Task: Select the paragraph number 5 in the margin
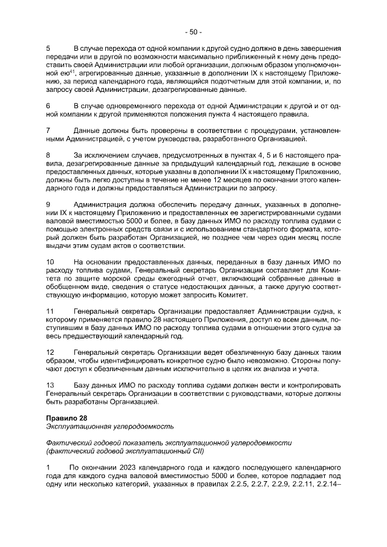[48, 47]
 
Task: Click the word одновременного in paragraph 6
[136, 106]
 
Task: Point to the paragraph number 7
[48, 131]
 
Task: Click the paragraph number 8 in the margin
[48, 155]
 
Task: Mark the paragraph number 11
[50, 311]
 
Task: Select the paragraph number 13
[50, 386]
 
